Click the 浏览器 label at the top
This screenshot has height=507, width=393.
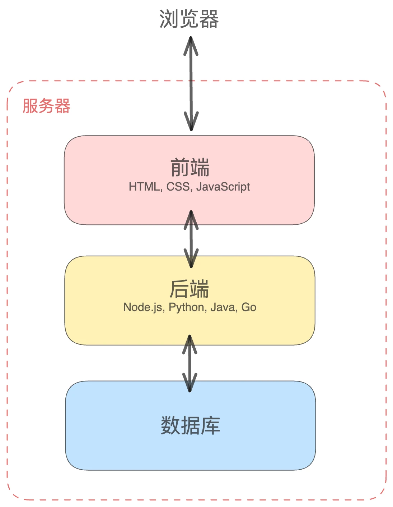189,19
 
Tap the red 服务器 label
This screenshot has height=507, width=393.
46,106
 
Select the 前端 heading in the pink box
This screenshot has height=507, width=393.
190,168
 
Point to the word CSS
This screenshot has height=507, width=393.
178,187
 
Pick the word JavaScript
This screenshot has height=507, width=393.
223,187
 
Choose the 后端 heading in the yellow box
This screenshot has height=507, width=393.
189,289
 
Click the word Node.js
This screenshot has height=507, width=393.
143,307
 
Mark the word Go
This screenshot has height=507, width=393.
249,307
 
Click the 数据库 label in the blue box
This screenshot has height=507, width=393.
190,426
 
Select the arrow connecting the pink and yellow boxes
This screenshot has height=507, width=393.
191,239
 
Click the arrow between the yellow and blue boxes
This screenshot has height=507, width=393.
190,363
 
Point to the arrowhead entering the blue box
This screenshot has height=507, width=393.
190,383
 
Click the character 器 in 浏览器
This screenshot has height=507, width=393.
209,19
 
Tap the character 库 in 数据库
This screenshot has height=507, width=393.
210,426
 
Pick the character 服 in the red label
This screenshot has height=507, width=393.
30,106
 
